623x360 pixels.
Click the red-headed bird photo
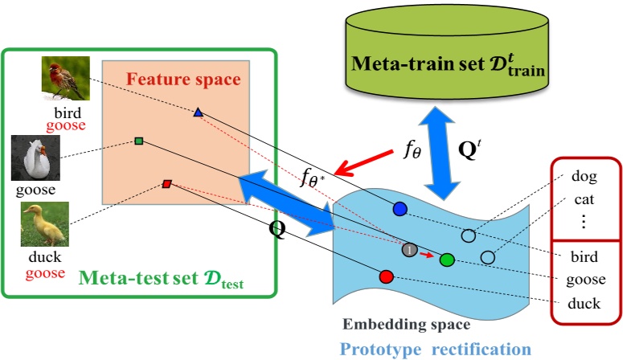65,78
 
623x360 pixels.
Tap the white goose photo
35,157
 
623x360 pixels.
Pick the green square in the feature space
139,141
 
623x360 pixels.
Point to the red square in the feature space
166,184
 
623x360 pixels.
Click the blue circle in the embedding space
400,208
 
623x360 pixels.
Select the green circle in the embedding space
447,259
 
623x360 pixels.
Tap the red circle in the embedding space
385,276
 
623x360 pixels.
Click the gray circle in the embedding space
409,250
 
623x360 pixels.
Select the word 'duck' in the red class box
584,304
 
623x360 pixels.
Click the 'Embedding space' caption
407,325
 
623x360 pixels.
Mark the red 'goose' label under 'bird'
66,125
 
